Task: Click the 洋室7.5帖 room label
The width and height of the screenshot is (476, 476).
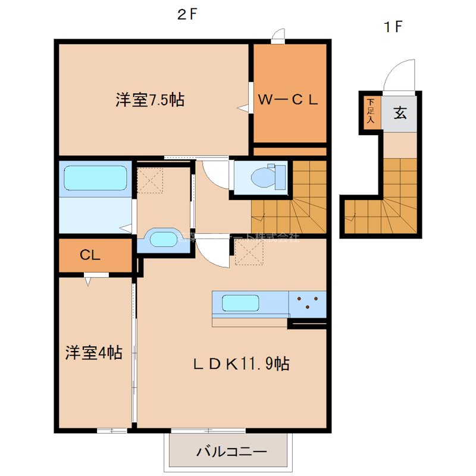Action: click(149, 100)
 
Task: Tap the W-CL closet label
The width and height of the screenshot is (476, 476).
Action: click(288, 100)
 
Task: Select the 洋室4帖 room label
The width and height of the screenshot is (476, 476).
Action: click(93, 353)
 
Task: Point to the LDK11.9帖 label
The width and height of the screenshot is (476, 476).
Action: click(241, 364)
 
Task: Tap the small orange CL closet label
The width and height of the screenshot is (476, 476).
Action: click(90, 256)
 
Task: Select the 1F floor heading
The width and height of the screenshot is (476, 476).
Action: click(393, 26)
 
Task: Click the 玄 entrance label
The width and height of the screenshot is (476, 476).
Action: click(400, 112)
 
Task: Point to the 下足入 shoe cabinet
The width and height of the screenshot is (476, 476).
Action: click(370, 112)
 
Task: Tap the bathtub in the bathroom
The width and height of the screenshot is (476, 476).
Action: click(95, 178)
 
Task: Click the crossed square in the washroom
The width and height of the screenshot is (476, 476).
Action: click(151, 180)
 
